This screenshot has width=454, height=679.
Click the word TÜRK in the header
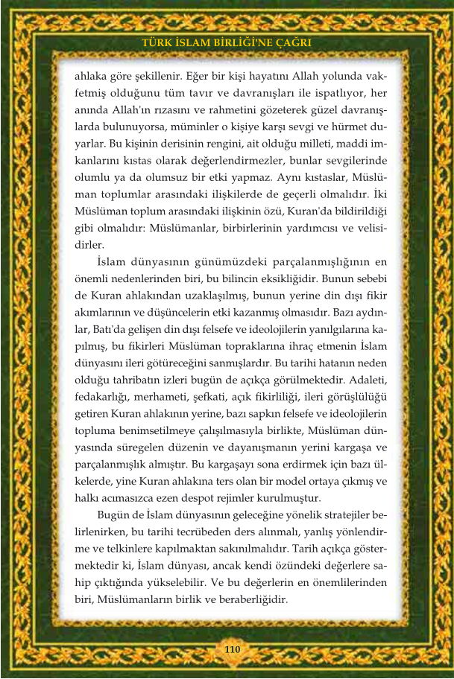coord(157,43)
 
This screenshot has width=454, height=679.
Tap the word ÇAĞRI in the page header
coord(291,43)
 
